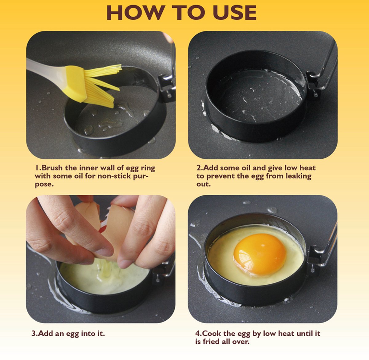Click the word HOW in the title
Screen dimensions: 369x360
tap(136, 13)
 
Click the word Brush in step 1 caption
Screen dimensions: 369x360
tap(52, 168)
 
